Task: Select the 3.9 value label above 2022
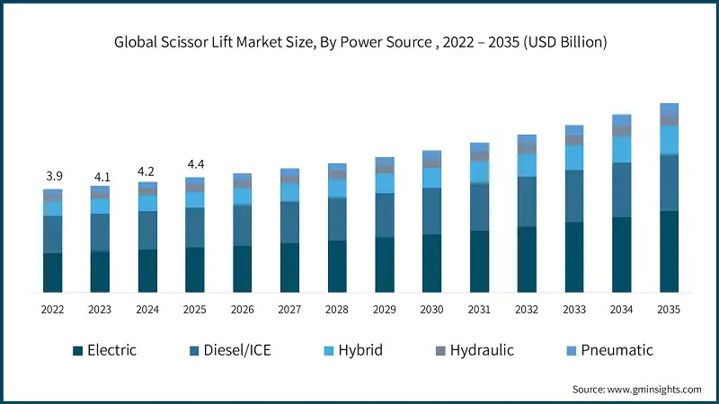point(53,176)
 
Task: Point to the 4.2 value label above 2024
point(147,171)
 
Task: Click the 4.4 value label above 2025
point(195,164)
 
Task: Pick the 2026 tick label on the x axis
point(243,309)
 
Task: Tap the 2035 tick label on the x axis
point(669,309)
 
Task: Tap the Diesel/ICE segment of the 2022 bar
point(53,234)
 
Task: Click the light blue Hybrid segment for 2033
point(574,157)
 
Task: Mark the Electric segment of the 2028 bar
point(337,266)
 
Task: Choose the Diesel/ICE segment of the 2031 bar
point(480,207)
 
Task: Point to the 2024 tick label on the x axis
point(147,309)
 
